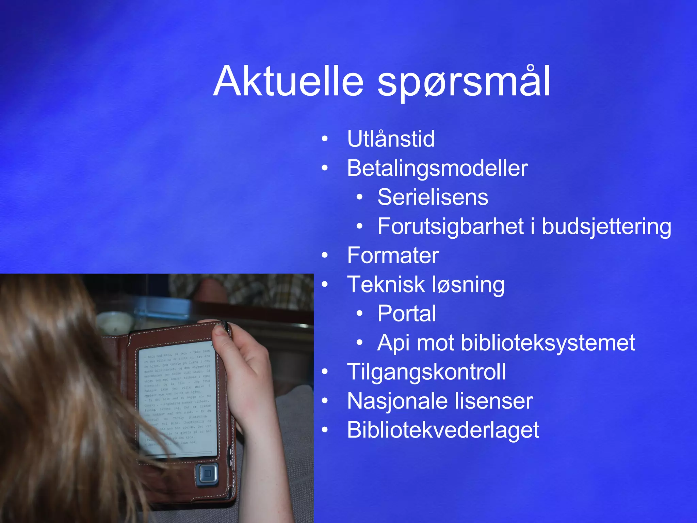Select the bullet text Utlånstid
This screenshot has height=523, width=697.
click(x=391, y=139)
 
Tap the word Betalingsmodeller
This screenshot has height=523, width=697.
click(x=437, y=168)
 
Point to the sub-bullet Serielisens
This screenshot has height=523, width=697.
click(x=433, y=197)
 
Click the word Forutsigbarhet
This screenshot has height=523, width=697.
click(x=451, y=226)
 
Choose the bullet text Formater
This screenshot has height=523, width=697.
click(x=393, y=255)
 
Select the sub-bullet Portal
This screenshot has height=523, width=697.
click(x=406, y=314)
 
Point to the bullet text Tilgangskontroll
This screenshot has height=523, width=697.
click(x=426, y=372)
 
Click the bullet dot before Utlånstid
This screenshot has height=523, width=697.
click(x=325, y=139)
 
